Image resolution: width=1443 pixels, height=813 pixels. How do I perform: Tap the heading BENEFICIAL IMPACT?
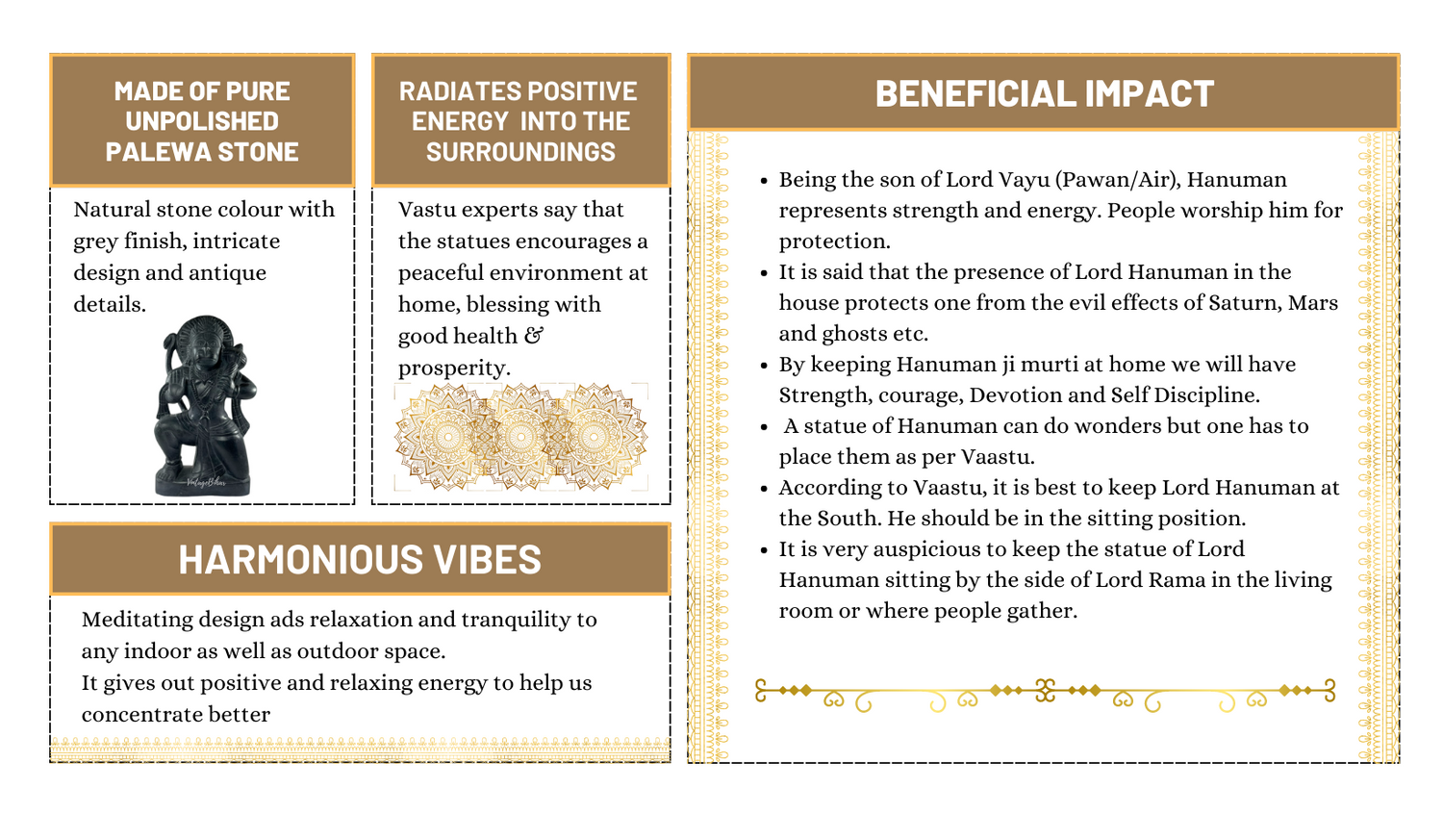pos(1044,93)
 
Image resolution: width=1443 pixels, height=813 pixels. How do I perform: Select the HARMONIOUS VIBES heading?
pos(360,559)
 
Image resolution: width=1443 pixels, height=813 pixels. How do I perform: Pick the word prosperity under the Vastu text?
pos(451,368)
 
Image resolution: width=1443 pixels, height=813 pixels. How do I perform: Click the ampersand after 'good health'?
pos(534,336)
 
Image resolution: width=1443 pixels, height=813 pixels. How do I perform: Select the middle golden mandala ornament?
pos(520,437)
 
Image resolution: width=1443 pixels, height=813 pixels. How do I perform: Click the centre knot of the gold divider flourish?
pos(1045,690)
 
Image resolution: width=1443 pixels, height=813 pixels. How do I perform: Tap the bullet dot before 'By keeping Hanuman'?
pos(764,366)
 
